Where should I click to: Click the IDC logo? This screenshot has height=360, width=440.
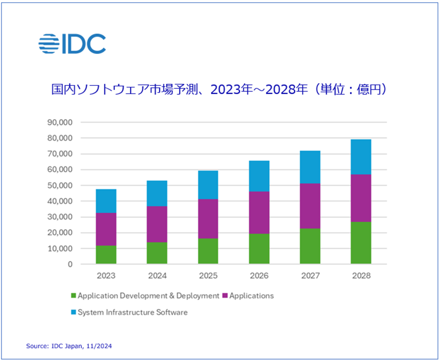pyautogui.click(x=72, y=43)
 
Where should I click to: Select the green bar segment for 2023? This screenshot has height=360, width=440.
pyautogui.click(x=106, y=254)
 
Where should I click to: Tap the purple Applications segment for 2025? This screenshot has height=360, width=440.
pyautogui.click(x=208, y=219)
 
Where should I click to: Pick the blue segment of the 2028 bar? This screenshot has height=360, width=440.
pyautogui.click(x=361, y=157)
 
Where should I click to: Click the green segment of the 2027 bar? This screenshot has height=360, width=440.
pyautogui.click(x=310, y=246)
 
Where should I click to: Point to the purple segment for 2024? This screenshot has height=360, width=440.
pyautogui.click(x=157, y=224)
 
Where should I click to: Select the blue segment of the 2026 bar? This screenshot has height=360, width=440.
pyautogui.click(x=259, y=176)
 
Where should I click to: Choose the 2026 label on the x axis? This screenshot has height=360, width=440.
pyautogui.click(x=259, y=276)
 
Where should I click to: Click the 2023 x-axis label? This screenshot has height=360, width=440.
pyautogui.click(x=106, y=276)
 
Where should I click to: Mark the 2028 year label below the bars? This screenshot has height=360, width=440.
pyautogui.click(x=361, y=276)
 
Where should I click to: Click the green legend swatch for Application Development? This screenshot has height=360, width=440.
pyautogui.click(x=73, y=296)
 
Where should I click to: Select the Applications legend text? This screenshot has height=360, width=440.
pyautogui.click(x=251, y=296)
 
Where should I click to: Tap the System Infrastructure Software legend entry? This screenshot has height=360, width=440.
pyautogui.click(x=133, y=312)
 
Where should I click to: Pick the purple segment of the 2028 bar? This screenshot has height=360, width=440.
pyautogui.click(x=361, y=198)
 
